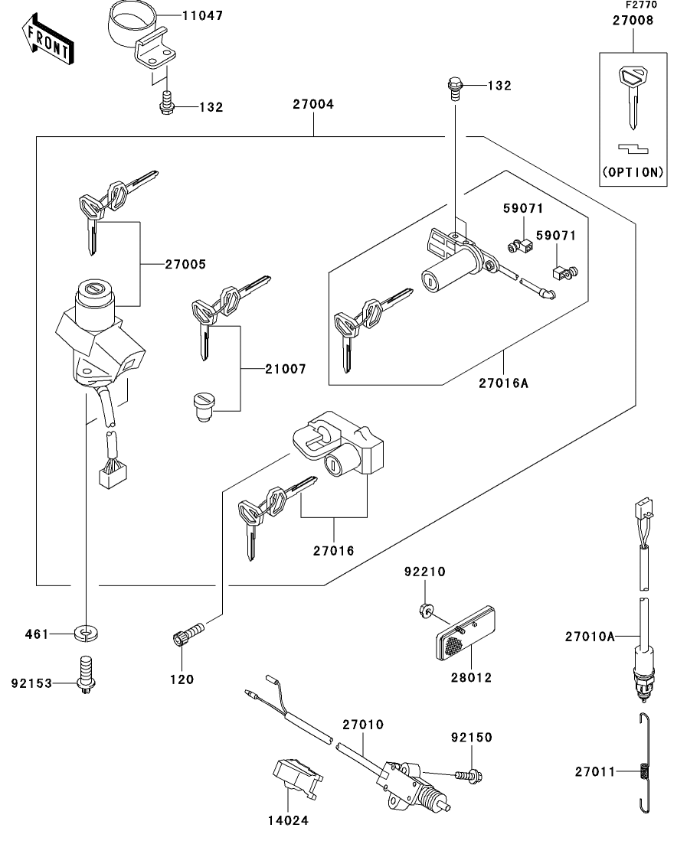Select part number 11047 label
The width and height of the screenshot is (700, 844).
[203, 15]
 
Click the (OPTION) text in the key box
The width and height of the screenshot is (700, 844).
[633, 171]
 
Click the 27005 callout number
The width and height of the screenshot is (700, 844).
[185, 265]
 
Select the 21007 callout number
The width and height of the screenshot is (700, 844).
[285, 369]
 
